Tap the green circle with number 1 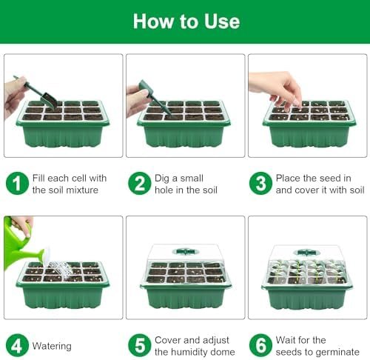[x=17, y=184]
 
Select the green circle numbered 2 [x=139, y=184]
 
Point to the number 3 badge [x=260, y=184]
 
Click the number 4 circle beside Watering [x=17, y=345]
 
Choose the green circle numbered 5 [x=139, y=345]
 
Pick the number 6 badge [x=260, y=345]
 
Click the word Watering [x=52, y=346]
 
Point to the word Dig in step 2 [x=162, y=179]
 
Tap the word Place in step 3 [x=288, y=178]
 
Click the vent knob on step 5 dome [x=186, y=252]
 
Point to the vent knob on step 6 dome [x=306, y=253]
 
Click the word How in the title [x=153, y=21]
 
